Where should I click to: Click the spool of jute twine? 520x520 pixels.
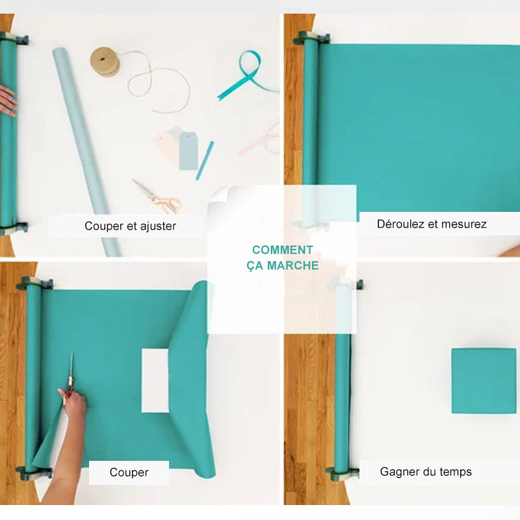click(x=105, y=61)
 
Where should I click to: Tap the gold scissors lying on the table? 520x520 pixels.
click(x=158, y=198)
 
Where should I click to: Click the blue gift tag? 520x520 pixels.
click(x=188, y=150)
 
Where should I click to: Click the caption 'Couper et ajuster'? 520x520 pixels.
click(x=130, y=226)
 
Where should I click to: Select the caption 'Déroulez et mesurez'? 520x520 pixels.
click(x=432, y=224)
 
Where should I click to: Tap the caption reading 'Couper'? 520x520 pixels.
click(x=129, y=473)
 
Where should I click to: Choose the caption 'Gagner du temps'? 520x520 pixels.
click(x=426, y=471)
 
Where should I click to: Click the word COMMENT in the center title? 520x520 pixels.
click(x=283, y=250)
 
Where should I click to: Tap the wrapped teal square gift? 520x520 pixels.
click(x=483, y=380)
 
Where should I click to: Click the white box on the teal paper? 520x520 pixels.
click(x=155, y=380)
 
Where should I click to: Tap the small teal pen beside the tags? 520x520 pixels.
click(x=205, y=160)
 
